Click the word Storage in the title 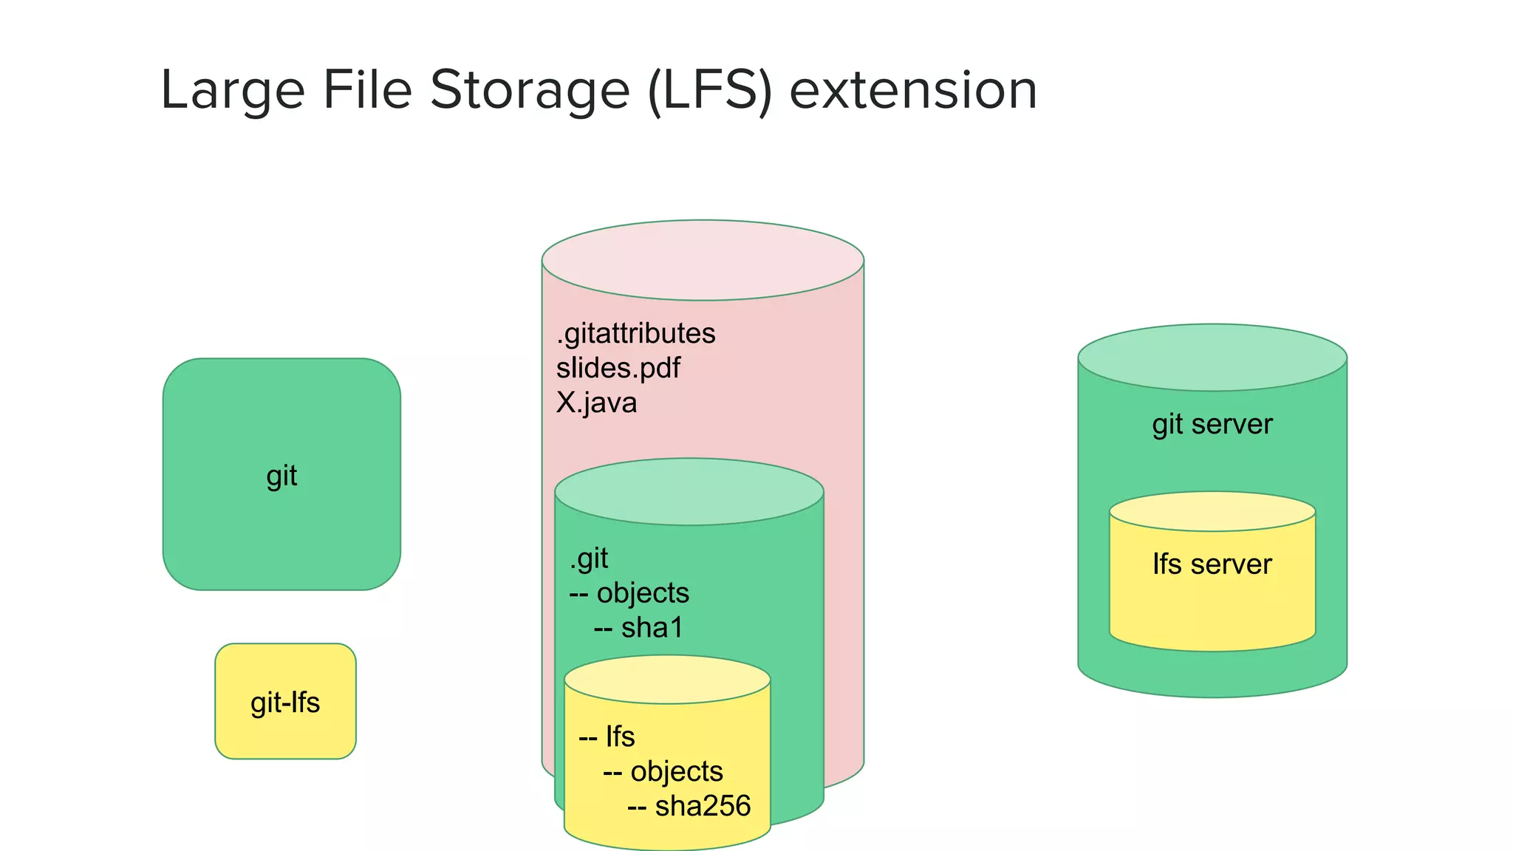(530, 90)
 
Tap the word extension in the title (913, 90)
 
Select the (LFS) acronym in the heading (709, 90)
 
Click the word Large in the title (233, 90)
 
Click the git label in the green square (281, 476)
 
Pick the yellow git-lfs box (285, 702)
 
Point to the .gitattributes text (636, 333)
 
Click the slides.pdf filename (618, 368)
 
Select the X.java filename (596, 403)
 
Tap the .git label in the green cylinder (589, 558)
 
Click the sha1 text (652, 628)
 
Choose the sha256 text (703, 806)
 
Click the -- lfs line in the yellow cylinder (607, 736)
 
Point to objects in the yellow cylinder (677, 771)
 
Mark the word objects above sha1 (643, 593)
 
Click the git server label (1212, 424)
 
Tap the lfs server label (1212, 564)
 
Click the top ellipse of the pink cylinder (703, 260)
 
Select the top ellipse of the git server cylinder (1212, 358)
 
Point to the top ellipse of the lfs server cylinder (1212, 511)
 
